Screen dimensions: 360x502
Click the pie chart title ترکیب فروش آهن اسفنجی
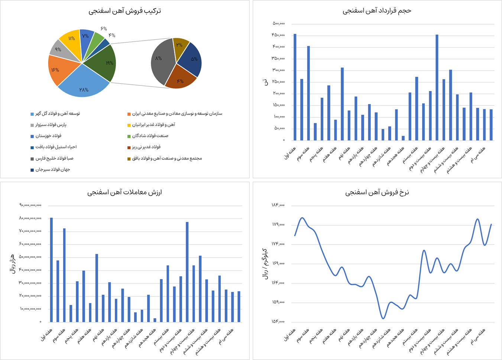tap(124, 11)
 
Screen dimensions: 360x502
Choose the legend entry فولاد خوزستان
tap(48, 136)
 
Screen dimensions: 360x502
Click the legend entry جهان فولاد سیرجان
tap(52, 170)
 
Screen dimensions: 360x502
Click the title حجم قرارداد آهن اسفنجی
tap(377, 11)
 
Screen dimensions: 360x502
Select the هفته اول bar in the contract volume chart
tap(295, 87)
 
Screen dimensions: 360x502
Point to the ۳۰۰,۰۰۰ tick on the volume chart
tap(279, 70)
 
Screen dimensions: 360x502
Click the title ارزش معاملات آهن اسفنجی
tap(124, 192)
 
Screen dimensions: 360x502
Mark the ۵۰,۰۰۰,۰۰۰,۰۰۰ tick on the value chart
tap(30, 257)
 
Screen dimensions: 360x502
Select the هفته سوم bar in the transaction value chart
tap(64, 275)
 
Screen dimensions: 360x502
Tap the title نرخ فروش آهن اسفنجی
tap(377, 192)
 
